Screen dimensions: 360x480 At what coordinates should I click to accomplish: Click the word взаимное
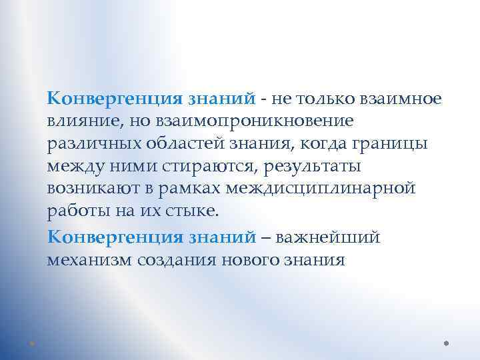click(x=397, y=99)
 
